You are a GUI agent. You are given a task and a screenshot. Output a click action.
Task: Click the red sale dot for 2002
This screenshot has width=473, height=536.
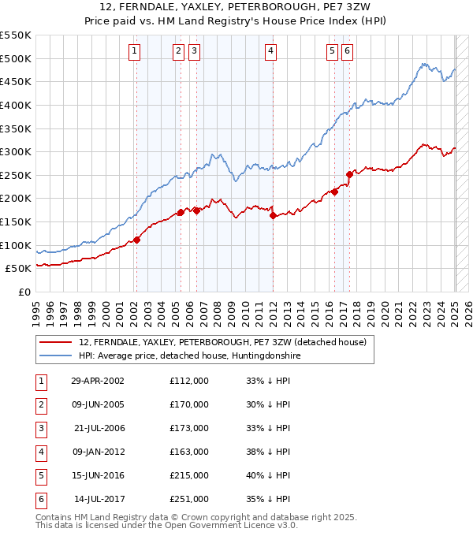[x=136, y=240]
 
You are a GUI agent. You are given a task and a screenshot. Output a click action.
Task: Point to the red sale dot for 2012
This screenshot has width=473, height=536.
[x=273, y=215]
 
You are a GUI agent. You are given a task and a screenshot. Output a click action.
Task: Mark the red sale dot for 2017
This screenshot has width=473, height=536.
[x=349, y=174]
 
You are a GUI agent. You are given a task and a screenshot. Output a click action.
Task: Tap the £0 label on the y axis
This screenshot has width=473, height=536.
[x=24, y=292]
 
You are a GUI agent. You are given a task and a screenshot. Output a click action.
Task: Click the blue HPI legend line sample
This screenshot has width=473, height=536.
[x=55, y=355]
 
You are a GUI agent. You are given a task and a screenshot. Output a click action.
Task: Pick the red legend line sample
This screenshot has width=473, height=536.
[x=55, y=343]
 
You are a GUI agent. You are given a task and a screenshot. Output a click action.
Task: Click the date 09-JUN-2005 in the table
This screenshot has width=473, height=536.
[x=98, y=404]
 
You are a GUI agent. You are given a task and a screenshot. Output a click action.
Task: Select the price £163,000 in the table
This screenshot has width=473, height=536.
[x=189, y=452]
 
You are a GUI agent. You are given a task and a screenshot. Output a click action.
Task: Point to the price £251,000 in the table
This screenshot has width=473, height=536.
[x=189, y=499]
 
